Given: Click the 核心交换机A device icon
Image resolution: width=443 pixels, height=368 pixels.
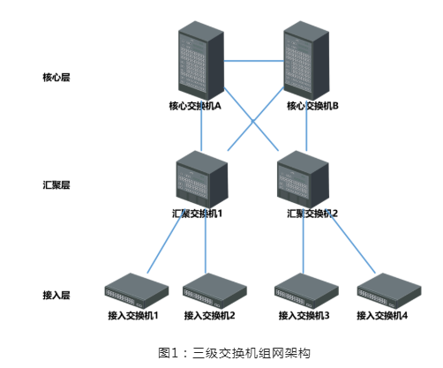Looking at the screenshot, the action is (x=201, y=60).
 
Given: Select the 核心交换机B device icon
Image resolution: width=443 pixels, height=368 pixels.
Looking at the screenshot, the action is (x=306, y=60).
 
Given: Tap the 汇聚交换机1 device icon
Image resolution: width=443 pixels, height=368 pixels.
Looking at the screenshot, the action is (x=202, y=179).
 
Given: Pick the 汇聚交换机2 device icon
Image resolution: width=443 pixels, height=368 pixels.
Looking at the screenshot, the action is (x=303, y=179).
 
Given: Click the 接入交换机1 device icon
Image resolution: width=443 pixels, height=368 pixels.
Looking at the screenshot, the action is (x=137, y=290).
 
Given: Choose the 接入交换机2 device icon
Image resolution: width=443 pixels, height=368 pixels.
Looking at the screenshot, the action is (x=214, y=290).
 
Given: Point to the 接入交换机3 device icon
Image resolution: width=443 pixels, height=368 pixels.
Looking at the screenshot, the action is (x=306, y=290).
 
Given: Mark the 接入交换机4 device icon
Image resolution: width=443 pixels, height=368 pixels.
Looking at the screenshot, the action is (x=389, y=290).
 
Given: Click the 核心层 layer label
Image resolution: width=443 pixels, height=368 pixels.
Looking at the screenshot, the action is (x=56, y=78).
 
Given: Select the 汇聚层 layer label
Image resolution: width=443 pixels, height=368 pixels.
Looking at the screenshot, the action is (x=56, y=185).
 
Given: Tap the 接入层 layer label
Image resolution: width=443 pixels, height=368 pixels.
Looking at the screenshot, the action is (x=56, y=295).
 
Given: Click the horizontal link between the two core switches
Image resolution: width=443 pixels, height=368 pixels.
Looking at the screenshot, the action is (x=254, y=61).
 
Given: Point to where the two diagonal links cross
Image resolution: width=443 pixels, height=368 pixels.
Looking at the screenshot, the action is (x=253, y=121).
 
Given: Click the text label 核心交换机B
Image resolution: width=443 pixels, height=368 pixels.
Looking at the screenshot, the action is (x=312, y=106).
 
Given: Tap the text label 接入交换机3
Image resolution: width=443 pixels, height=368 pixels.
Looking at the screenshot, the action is (x=304, y=316).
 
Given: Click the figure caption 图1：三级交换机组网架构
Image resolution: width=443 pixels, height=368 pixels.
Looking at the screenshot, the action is (x=234, y=353).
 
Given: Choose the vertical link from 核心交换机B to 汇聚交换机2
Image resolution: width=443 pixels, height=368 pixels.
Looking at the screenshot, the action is (x=306, y=126).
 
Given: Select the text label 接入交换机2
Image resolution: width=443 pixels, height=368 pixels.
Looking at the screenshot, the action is (x=209, y=316).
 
